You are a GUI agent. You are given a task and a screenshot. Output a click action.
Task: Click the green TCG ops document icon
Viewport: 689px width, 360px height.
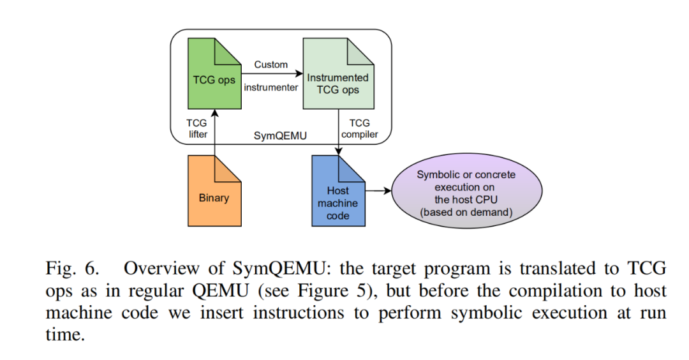coord(214,73)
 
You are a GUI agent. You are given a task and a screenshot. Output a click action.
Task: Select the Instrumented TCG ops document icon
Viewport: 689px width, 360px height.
coord(338,73)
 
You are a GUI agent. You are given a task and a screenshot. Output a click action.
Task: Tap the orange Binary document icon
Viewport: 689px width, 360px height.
coord(214,191)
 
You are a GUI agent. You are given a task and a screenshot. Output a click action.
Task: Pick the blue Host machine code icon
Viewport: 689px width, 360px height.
coord(338,191)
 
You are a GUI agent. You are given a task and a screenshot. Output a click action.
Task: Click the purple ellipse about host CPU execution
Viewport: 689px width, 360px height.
coord(466,191)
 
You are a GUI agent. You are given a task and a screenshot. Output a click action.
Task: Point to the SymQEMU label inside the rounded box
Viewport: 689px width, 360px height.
coord(280,136)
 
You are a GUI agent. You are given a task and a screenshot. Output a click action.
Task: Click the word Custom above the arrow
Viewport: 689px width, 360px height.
coord(271,64)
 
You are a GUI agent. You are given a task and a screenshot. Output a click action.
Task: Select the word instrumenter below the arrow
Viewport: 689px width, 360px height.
coord(271,87)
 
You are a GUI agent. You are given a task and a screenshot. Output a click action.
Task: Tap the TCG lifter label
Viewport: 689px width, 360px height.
coord(197,128)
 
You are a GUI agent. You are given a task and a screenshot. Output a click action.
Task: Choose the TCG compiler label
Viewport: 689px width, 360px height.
coord(359,128)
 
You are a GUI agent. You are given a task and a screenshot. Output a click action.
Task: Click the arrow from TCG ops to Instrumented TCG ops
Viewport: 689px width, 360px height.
coord(272,74)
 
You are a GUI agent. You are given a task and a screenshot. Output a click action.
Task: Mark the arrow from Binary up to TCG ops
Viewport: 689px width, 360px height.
coord(215,132)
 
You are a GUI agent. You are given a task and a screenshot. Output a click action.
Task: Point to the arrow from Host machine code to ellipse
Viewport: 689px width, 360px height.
coord(378,191)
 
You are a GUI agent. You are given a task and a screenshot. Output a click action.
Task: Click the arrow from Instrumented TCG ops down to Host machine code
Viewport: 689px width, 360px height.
coord(338,132)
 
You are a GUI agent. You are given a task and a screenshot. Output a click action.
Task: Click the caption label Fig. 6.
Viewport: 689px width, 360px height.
coord(73,268)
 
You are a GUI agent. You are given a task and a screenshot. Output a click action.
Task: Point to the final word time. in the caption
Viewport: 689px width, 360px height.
coord(65,335)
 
